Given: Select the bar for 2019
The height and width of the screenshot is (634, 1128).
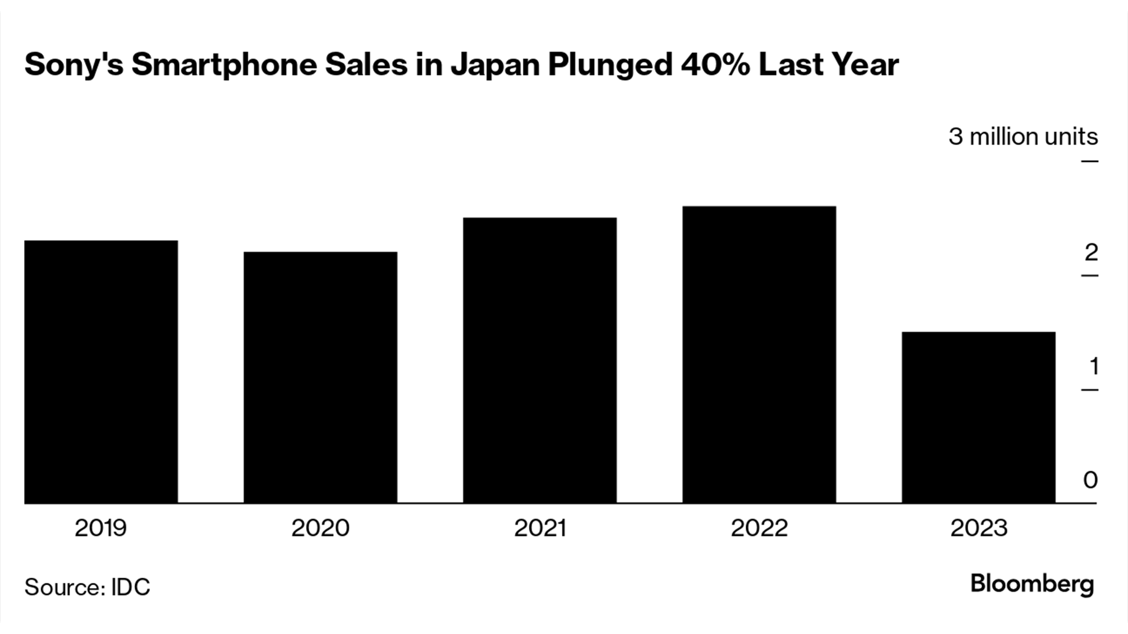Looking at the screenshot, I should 101,372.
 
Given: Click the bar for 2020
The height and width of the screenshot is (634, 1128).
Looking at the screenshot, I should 320,377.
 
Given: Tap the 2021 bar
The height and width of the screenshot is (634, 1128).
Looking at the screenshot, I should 539,360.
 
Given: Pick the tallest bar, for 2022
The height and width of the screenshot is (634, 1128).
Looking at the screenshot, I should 759,355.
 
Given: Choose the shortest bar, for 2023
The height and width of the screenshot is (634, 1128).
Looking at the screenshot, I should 978,417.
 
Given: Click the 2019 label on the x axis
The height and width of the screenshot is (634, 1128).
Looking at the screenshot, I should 100,528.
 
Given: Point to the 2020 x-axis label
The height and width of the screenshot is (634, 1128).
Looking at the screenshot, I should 320,528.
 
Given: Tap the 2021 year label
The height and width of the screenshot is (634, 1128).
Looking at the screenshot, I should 539,528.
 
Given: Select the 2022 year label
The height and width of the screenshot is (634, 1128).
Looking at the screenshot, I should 759,528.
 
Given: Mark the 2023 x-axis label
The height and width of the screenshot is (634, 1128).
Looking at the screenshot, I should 979,528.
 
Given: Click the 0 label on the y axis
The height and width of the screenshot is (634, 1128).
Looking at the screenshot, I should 1090,480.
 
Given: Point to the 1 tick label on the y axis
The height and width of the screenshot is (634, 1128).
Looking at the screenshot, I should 1093,366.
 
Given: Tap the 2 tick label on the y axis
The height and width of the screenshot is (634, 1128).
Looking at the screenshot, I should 1091,252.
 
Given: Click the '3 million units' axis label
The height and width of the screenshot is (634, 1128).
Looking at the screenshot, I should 1023,137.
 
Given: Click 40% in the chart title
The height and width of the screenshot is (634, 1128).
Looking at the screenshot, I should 715,65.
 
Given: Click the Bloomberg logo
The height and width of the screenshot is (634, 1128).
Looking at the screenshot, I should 1032,585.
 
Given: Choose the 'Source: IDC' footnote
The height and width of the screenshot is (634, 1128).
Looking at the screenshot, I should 88,587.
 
